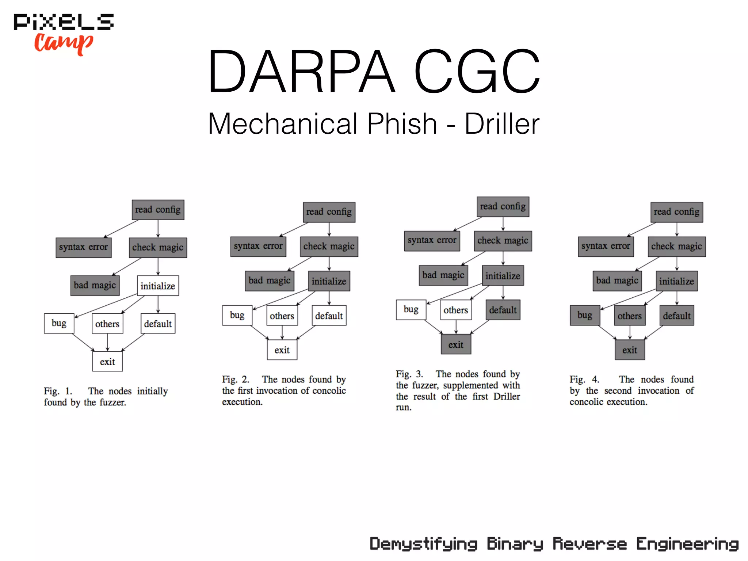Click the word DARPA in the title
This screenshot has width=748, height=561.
point(302,72)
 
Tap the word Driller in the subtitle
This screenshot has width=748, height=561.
point(502,124)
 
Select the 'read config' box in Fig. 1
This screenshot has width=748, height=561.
point(158,210)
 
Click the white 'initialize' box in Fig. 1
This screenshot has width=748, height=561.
point(158,286)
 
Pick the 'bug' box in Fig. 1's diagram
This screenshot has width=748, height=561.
point(59,323)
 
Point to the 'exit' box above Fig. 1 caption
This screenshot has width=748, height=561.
point(107,362)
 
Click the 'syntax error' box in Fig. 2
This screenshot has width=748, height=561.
point(258,246)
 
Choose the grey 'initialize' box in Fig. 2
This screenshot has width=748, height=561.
point(329,281)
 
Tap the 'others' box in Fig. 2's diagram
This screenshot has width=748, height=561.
point(282,316)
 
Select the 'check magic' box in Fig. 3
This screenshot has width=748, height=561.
point(503,241)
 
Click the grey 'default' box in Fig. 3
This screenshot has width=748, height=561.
point(503,310)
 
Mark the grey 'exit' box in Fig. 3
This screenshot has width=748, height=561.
point(456,344)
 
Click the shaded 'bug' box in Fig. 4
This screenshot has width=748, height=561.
point(585,315)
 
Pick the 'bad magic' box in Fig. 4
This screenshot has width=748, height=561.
point(617,280)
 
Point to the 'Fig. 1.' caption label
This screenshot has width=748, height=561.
point(58,391)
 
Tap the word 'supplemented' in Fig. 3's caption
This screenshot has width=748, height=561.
point(470,385)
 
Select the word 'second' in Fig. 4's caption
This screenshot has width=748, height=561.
point(618,391)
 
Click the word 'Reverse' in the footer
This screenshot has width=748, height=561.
point(589,544)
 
